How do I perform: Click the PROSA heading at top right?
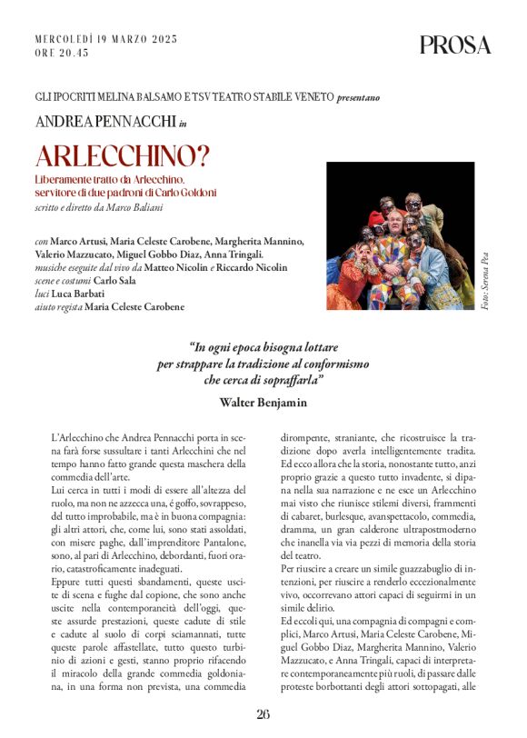[454, 45]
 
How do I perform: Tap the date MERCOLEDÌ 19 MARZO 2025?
[105, 39]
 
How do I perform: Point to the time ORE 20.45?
[62, 54]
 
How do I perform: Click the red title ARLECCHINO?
[123, 155]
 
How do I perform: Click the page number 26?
[263, 713]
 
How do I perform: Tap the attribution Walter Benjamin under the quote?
[263, 400]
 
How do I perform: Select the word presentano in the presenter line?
[359, 96]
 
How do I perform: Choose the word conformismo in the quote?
[331, 364]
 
